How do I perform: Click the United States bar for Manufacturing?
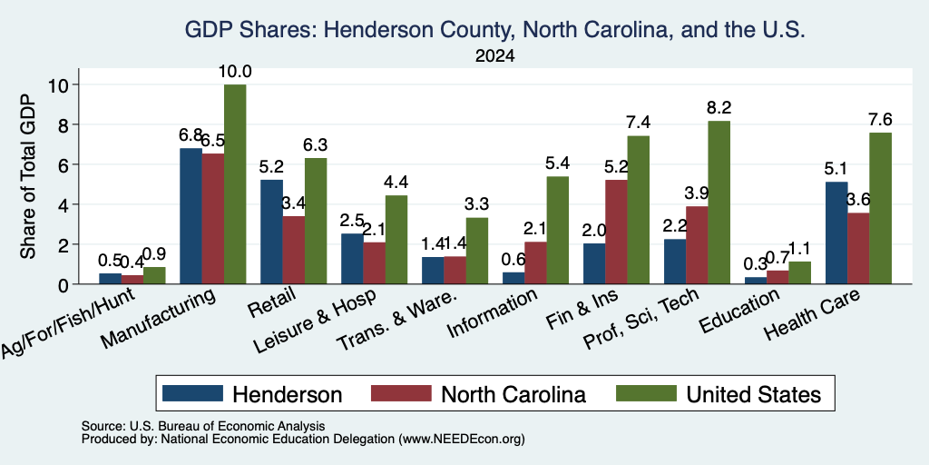pyautogui.click(x=235, y=184)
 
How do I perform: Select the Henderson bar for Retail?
pyautogui.click(x=271, y=232)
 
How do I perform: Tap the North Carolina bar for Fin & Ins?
pyautogui.click(x=616, y=232)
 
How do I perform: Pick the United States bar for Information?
pyautogui.click(x=558, y=230)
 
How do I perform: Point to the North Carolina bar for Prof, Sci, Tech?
pyautogui.click(x=697, y=245)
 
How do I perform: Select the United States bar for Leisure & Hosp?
pyautogui.click(x=396, y=240)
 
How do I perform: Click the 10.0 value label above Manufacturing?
pyautogui.click(x=235, y=72)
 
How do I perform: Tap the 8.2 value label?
pyautogui.click(x=719, y=107)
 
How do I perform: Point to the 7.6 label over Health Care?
pyautogui.click(x=880, y=119)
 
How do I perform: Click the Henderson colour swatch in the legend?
pyautogui.click(x=192, y=393)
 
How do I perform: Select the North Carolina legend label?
pyautogui.click(x=513, y=394)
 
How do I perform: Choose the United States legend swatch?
pyautogui.click(x=646, y=393)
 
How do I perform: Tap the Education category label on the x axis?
pyautogui.click(x=739, y=312)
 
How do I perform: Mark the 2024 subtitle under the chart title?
pyautogui.click(x=494, y=56)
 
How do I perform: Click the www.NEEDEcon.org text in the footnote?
pyautogui.click(x=462, y=440)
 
